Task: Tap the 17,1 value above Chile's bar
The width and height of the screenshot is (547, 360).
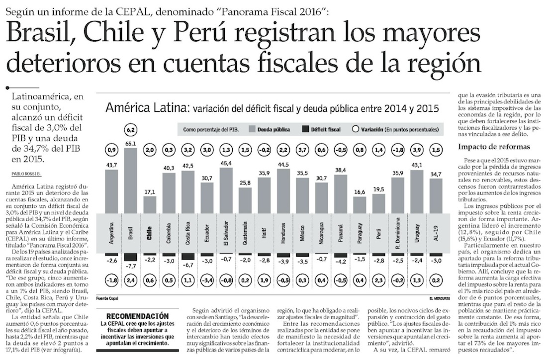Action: (150, 191)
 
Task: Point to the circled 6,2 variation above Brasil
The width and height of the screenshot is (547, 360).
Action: (131, 129)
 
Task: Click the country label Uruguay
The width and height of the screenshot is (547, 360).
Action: (417, 232)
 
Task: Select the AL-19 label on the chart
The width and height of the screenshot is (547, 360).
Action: (436, 232)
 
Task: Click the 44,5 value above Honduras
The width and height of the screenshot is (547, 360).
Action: (283, 165)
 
